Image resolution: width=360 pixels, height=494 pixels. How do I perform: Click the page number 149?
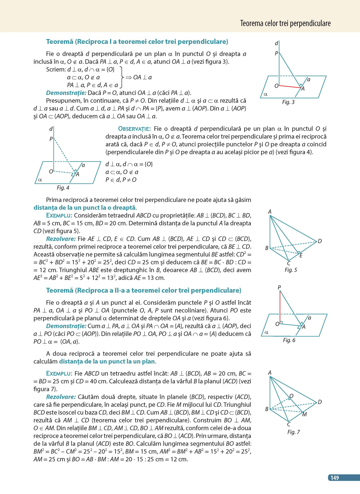click(x=335, y=478)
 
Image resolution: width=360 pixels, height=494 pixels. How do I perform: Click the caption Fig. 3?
click(x=288, y=102)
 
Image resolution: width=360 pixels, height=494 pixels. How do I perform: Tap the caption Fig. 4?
click(x=63, y=187)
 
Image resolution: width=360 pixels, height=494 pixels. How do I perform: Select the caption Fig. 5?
click(x=291, y=270)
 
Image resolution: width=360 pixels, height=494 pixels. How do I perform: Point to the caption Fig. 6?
click(x=289, y=340)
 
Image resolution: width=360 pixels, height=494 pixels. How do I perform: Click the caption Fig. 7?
click(x=293, y=432)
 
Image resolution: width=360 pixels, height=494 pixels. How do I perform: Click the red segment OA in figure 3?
click(x=290, y=87)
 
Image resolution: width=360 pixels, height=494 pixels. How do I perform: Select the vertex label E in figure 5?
click(x=301, y=255)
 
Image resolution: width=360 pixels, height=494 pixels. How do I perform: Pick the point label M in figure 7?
click(x=304, y=414)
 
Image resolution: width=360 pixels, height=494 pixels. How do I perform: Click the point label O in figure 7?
click(x=291, y=396)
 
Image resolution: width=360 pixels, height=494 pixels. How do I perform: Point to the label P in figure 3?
click(x=276, y=53)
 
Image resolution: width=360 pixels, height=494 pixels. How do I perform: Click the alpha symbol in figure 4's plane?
click(x=40, y=180)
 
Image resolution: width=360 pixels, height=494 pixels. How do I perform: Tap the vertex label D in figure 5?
click(x=320, y=241)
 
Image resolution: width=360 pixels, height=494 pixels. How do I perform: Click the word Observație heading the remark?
click(x=134, y=129)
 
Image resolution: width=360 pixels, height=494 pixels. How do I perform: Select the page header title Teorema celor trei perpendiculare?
click(x=285, y=23)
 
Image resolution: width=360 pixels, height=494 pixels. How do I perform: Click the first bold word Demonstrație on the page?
click(x=66, y=93)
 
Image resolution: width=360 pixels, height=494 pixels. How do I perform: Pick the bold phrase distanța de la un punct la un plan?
click(x=107, y=361)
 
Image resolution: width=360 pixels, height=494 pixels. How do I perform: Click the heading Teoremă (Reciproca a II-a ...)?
click(x=143, y=290)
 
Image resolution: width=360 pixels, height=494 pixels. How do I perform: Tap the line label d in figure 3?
click(x=276, y=43)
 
